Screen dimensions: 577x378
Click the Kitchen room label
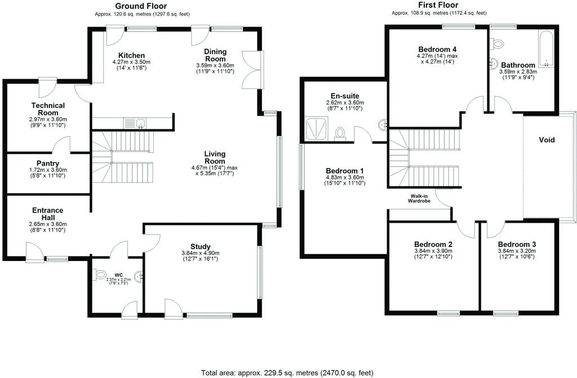tap(131, 56)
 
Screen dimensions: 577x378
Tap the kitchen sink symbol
tap(135, 123)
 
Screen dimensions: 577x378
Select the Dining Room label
tap(215, 55)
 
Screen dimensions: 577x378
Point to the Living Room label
tap(215, 157)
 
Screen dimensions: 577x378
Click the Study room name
tap(201, 246)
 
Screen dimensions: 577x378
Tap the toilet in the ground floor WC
tap(100, 274)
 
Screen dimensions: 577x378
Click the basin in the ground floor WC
tap(140, 277)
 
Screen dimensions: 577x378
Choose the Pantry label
tap(48, 164)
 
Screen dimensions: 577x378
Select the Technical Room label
tap(48, 109)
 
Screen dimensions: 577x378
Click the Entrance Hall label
tap(48, 214)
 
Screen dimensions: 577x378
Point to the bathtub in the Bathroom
tap(545, 48)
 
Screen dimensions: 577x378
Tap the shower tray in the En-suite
tap(317, 129)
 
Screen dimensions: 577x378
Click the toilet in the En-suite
tap(340, 134)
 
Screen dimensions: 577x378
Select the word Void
tap(547, 140)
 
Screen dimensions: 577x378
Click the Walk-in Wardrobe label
tap(419, 199)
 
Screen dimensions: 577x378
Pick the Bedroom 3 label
tap(517, 244)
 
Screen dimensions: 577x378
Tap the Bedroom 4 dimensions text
tap(437, 58)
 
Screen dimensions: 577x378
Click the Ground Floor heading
tap(141, 6)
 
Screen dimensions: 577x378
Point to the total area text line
tap(287, 372)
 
